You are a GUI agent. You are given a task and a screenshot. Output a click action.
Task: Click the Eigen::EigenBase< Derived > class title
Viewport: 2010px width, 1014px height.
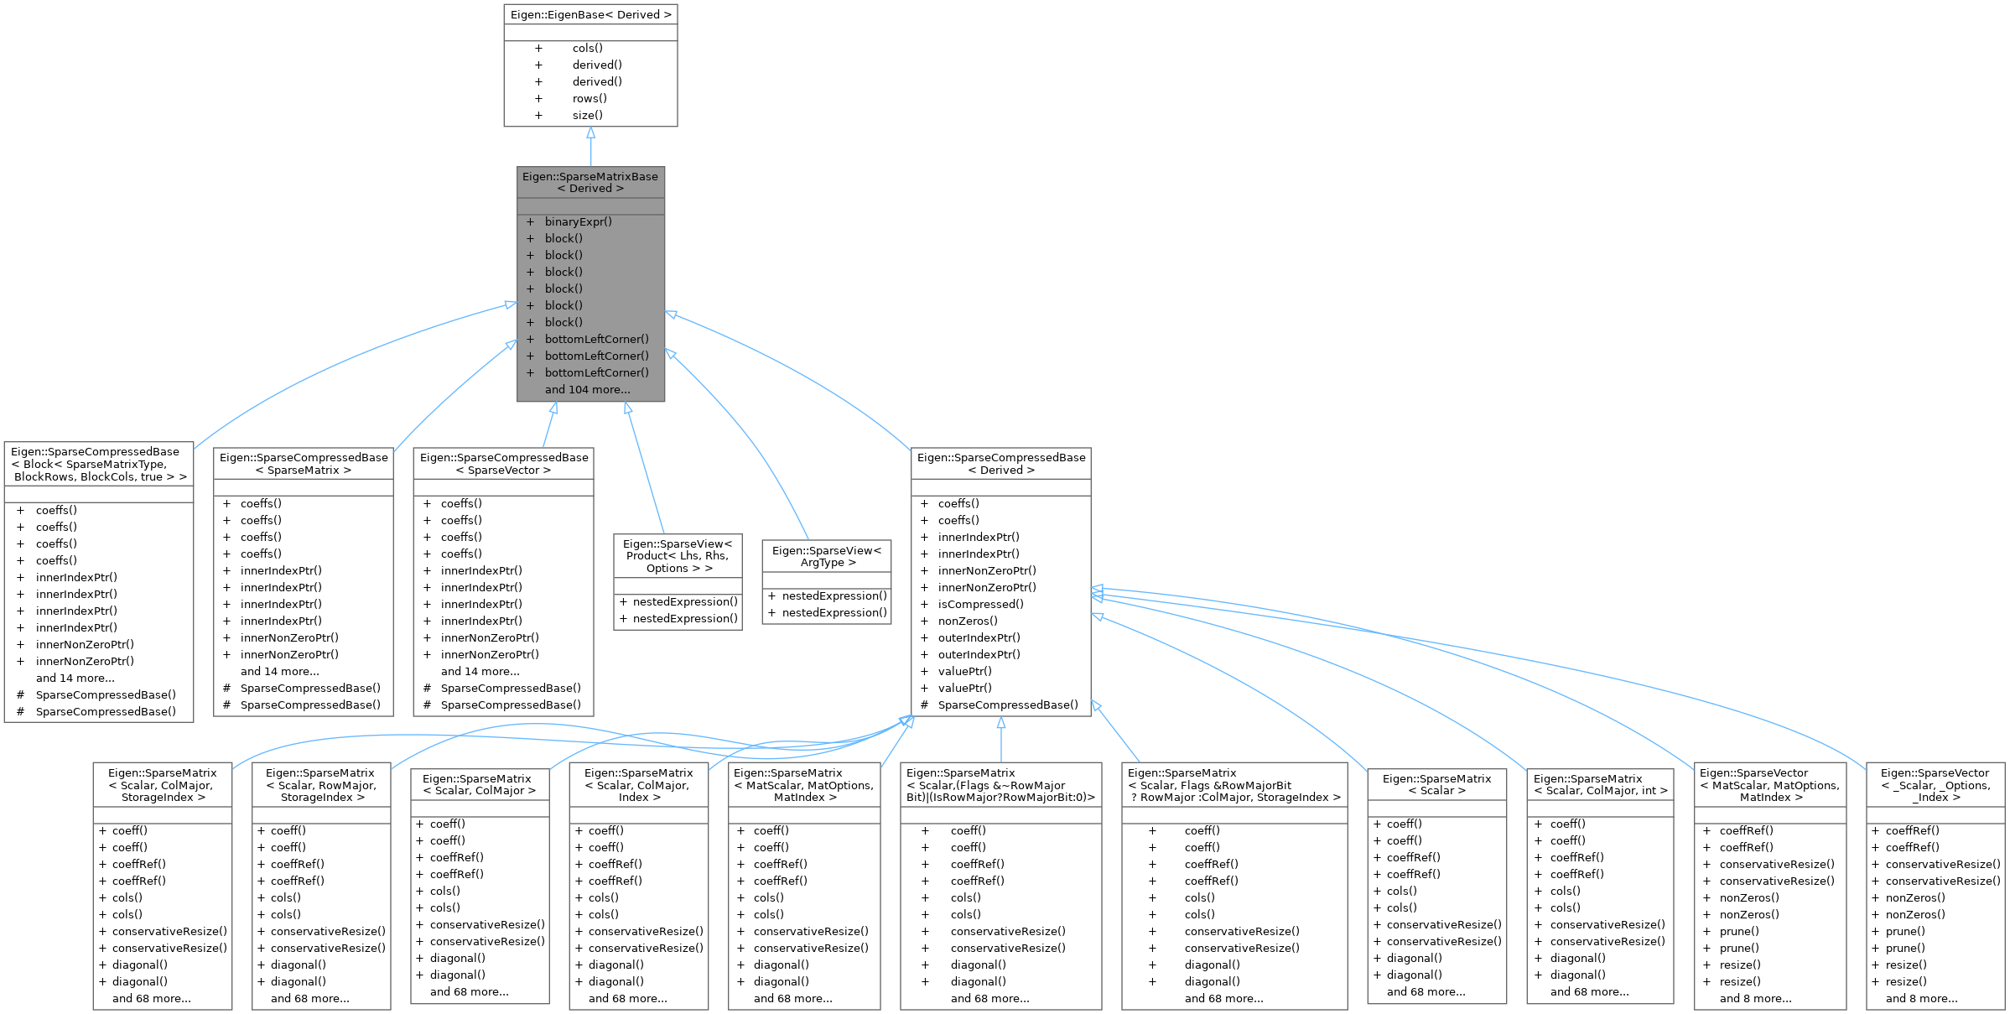pyautogui.click(x=590, y=15)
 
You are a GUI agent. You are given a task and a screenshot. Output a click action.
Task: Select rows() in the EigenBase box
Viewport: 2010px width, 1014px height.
pyautogui.click(x=589, y=98)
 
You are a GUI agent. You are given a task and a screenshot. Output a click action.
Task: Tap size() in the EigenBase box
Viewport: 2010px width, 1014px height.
pyautogui.click(x=587, y=115)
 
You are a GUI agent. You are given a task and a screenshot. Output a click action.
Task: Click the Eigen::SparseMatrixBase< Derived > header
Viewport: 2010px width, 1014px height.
pyautogui.click(x=590, y=182)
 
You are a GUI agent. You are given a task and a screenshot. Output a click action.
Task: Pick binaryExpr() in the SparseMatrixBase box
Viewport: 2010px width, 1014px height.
pyautogui.click(x=578, y=222)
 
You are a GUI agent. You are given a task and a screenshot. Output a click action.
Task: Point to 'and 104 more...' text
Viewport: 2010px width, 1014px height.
pyautogui.click(x=587, y=390)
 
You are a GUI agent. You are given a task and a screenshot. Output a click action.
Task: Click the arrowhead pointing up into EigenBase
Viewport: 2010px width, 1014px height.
pyautogui.click(x=590, y=133)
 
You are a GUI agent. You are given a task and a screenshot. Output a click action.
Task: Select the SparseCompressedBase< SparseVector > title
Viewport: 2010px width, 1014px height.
pyautogui.click(x=503, y=464)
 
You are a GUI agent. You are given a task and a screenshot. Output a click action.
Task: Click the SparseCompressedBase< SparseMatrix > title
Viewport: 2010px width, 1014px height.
pyautogui.click(x=304, y=464)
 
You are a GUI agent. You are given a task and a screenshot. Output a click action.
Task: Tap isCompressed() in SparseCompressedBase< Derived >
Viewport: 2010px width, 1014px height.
pyautogui.click(x=980, y=604)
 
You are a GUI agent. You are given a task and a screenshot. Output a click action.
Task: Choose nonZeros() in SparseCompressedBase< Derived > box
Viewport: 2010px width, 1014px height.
pyautogui.click(x=968, y=621)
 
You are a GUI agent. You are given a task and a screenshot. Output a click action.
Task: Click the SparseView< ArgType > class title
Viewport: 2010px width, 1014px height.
pyautogui.click(x=827, y=556)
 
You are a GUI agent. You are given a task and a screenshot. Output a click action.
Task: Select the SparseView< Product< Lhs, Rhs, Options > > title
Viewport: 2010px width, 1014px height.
pyautogui.click(x=678, y=556)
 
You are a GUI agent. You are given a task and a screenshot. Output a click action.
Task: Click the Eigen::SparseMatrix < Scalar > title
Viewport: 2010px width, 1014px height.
pyautogui.click(x=1436, y=784)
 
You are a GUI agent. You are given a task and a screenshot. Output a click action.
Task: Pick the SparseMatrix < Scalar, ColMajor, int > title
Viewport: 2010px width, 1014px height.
pyautogui.click(x=1599, y=784)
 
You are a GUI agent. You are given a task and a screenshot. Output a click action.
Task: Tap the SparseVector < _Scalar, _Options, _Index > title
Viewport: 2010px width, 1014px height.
pyautogui.click(x=1935, y=785)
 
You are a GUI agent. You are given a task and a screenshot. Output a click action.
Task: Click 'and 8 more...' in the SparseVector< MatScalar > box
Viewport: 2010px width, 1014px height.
pyautogui.click(x=1755, y=998)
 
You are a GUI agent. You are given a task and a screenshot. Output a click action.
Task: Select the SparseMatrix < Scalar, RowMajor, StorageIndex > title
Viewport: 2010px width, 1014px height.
pyautogui.click(x=321, y=785)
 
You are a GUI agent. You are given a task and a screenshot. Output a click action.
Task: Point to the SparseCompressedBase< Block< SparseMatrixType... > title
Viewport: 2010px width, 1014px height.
pyautogui.click(x=99, y=464)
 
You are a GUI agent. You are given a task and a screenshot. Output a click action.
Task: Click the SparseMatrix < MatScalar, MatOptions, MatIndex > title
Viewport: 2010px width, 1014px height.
pyautogui.click(x=804, y=785)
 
